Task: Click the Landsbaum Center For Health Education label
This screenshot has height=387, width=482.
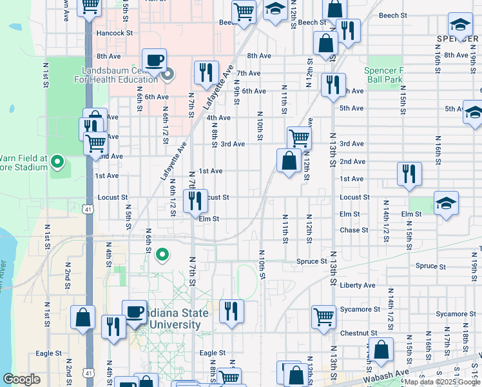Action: click(x=119, y=75)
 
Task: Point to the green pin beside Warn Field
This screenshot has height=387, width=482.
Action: click(x=57, y=161)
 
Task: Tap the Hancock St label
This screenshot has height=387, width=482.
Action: click(x=114, y=32)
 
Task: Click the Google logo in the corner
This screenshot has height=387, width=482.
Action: click(x=21, y=379)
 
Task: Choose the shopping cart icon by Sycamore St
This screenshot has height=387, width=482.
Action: click(x=323, y=316)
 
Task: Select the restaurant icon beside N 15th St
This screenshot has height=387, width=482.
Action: click(x=409, y=174)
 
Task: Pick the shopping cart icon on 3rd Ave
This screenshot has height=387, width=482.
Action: click(x=299, y=137)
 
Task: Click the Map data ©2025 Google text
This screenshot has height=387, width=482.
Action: click(x=442, y=382)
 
